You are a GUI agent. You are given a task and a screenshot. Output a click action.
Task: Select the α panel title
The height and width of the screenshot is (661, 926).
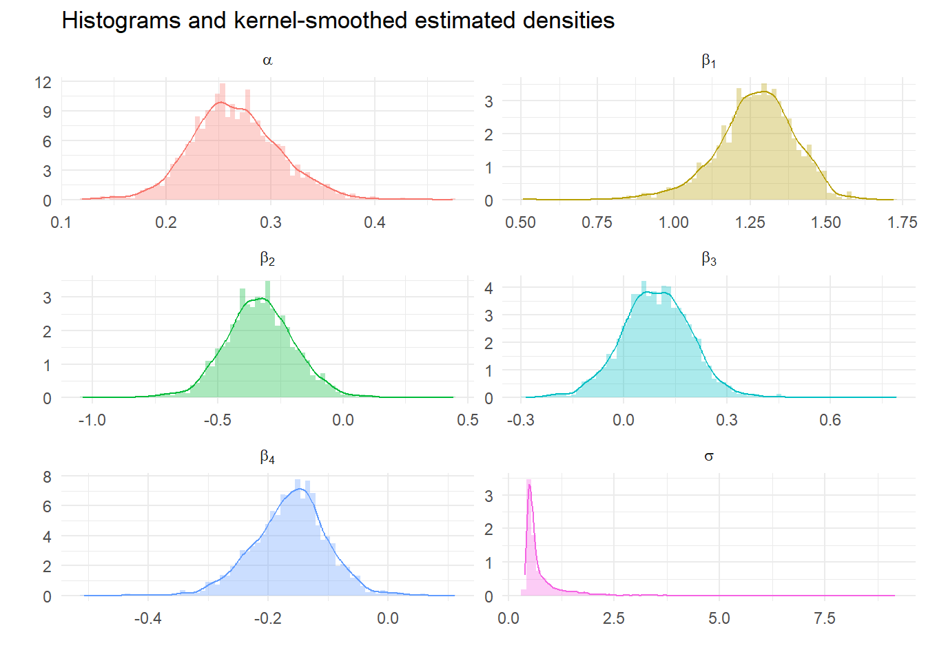pos(267,61)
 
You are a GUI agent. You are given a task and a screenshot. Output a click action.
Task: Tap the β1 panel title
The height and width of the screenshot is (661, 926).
pos(708,61)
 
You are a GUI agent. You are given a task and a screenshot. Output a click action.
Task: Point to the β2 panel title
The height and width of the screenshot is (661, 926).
pos(267,260)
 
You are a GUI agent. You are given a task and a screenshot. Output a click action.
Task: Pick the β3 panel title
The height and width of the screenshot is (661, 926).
pos(708,260)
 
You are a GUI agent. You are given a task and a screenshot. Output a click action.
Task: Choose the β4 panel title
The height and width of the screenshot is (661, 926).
pos(267,457)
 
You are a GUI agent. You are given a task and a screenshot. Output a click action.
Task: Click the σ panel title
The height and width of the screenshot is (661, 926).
pos(708,457)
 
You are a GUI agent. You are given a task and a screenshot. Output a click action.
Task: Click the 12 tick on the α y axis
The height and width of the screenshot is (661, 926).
pos(43,83)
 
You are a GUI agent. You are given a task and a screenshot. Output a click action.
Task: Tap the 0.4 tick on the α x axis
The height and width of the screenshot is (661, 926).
pos(375,222)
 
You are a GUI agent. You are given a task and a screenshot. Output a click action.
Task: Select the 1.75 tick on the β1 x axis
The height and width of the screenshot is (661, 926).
pos(902,222)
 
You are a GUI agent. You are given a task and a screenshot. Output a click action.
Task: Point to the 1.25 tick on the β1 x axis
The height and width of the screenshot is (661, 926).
pos(750,222)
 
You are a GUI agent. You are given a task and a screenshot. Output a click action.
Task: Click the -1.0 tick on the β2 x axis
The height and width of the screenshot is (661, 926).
pos(92,420)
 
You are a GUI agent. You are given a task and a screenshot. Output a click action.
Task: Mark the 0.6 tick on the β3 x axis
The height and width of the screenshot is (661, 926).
pos(830,420)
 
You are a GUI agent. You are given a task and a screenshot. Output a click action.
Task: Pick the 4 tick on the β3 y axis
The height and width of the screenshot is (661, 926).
pos(488,288)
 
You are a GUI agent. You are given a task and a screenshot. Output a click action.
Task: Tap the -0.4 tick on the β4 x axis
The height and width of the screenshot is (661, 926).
pos(147,618)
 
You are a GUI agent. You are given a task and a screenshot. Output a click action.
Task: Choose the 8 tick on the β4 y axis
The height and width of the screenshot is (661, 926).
pos(47,476)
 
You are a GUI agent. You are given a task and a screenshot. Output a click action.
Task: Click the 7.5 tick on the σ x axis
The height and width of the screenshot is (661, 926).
pos(824,618)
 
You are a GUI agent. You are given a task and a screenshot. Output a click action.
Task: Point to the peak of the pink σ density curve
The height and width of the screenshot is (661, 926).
pos(529,485)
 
